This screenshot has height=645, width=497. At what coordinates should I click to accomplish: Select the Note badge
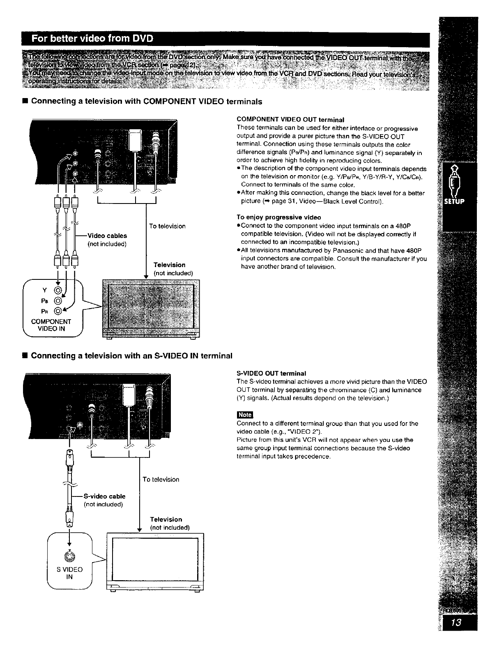tap(245, 415)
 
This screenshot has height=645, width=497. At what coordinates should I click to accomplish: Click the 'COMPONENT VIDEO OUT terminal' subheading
tap(290, 120)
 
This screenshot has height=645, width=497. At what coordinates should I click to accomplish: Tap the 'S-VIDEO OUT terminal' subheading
tap(272, 373)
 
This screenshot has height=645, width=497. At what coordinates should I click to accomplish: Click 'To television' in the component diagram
tap(167, 226)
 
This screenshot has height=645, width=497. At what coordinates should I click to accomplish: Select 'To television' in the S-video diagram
tap(161, 479)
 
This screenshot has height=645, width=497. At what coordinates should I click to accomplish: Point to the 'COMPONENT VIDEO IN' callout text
tap(51, 325)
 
